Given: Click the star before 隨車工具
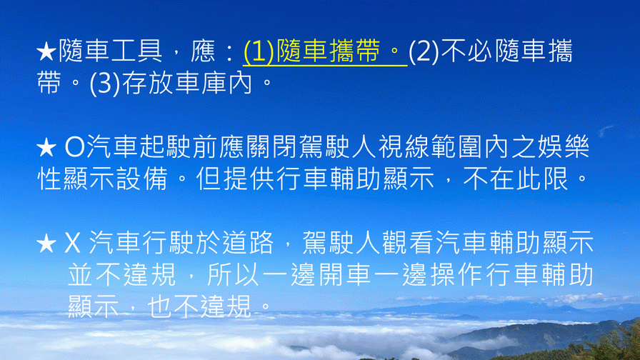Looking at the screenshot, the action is (x=46, y=52).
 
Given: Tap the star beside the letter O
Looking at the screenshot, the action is (x=46, y=148).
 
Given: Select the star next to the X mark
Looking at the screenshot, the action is (x=46, y=244).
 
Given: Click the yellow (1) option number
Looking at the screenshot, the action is (x=259, y=52).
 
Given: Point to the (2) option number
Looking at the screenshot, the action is (x=424, y=52).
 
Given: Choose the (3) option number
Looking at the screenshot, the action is (x=105, y=84).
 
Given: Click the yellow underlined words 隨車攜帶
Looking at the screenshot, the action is (x=328, y=51).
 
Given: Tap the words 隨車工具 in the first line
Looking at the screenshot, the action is (x=110, y=51).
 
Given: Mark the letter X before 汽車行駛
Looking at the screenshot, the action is (x=73, y=244).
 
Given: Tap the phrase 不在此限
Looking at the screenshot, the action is (x=516, y=179).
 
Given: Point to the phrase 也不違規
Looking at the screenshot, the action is (x=199, y=306).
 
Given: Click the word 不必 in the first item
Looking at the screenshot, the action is (x=467, y=51).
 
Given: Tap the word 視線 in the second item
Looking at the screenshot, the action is (x=404, y=147).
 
